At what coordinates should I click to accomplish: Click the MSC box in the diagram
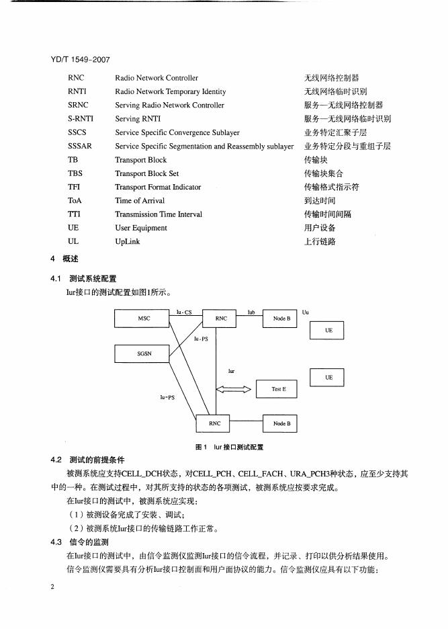(144, 319)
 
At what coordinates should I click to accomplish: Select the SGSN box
(144, 352)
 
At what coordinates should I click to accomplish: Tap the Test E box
(279, 389)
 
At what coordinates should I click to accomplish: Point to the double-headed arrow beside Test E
(233, 389)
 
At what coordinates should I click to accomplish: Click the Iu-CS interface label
(184, 312)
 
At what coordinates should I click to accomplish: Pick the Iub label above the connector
(251, 312)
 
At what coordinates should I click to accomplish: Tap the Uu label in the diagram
(306, 312)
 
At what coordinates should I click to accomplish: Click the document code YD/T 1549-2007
(80, 60)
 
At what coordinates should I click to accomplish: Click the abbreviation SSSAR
(79, 146)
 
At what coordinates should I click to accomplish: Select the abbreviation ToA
(75, 200)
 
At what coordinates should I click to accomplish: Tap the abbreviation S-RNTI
(80, 119)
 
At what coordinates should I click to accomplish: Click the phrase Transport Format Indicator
(158, 187)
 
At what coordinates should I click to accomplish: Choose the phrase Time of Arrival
(140, 200)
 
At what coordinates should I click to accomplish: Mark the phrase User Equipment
(141, 228)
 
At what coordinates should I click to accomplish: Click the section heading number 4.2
(56, 460)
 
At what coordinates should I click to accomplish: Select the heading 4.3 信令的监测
(80, 542)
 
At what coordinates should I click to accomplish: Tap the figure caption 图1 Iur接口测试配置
(229, 446)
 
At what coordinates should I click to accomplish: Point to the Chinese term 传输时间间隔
(328, 214)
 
